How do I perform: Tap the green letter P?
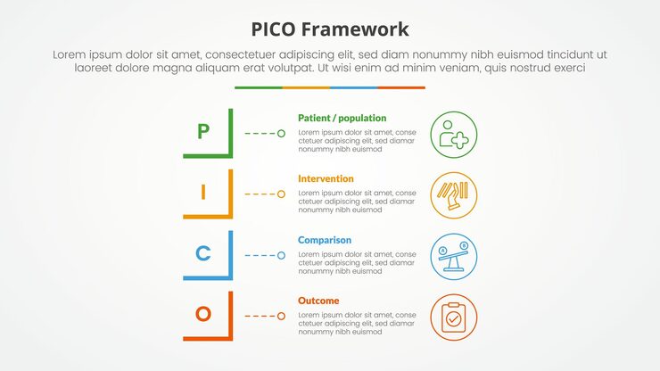[203, 132]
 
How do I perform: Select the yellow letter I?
[203, 192]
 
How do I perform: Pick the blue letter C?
[203, 253]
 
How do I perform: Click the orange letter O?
[203, 314]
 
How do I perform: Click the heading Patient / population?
[342, 118]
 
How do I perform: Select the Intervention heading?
[326, 178]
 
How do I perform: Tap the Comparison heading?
[325, 240]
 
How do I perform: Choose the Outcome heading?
[318, 301]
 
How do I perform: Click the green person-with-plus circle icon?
[453, 134]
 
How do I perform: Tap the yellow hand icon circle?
[453, 194]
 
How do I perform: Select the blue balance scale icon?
[453, 256]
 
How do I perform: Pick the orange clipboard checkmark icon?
[453, 317]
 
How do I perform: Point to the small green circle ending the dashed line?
[281, 133]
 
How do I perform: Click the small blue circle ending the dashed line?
[281, 255]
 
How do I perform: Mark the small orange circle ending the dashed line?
[281, 316]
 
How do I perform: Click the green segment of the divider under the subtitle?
[259, 87]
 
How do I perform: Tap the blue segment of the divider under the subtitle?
[353, 87]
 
